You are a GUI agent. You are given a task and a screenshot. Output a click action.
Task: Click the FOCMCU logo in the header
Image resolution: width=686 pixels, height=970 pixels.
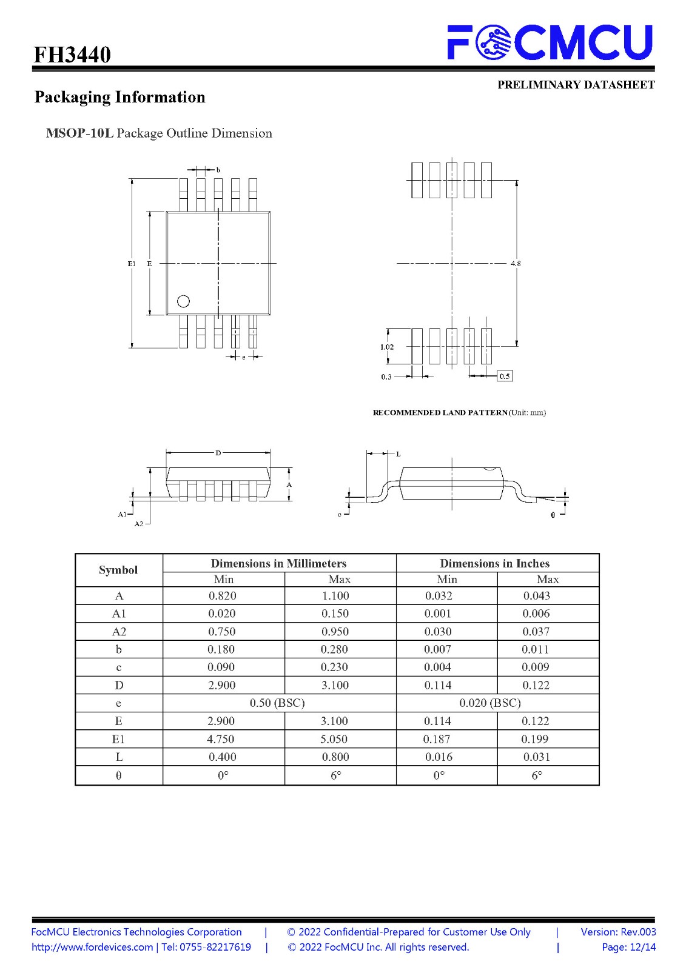click(x=550, y=42)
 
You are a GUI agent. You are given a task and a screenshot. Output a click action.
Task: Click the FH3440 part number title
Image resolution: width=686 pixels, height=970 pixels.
click(x=72, y=55)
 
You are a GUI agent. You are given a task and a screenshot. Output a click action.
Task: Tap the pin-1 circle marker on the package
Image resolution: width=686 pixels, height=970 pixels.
click(x=183, y=301)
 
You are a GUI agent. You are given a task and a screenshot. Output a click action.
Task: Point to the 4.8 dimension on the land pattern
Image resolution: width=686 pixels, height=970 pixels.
click(x=516, y=263)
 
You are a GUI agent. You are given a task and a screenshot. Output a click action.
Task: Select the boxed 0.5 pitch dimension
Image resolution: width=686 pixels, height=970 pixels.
click(x=505, y=376)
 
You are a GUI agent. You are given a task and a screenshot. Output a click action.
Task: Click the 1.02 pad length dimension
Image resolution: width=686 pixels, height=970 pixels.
click(x=386, y=347)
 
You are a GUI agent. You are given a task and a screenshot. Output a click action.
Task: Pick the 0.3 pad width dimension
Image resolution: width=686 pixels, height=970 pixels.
click(x=386, y=376)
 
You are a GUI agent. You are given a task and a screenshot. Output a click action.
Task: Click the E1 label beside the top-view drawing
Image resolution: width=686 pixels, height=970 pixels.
click(x=131, y=263)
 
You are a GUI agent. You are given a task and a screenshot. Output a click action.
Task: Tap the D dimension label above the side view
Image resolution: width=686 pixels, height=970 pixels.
click(x=218, y=453)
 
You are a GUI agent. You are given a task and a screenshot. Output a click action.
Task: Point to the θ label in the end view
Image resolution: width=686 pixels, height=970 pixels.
click(x=553, y=515)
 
